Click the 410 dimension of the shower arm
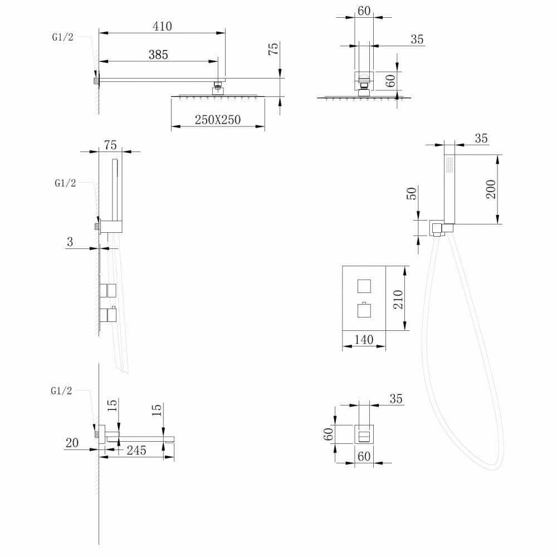click(x=161, y=26)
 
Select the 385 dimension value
click(x=158, y=54)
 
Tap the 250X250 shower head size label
click(x=218, y=120)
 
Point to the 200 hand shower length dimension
click(x=491, y=189)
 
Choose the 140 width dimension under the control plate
click(x=363, y=339)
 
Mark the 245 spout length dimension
click(x=135, y=450)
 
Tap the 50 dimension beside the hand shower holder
click(x=412, y=194)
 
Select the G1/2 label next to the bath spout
click(x=61, y=391)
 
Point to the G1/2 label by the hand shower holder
click(x=65, y=183)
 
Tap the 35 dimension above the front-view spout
click(x=396, y=399)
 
